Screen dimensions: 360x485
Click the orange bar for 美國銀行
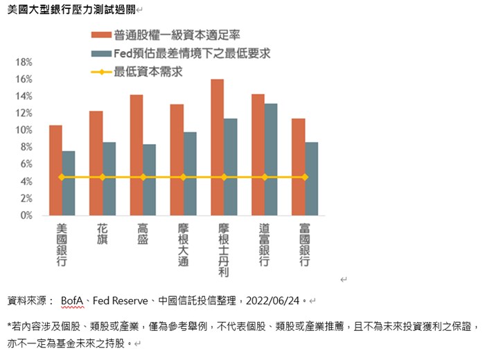coord(55,170)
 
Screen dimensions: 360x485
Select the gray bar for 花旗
coord(109,179)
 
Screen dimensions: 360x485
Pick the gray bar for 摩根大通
coord(190,173)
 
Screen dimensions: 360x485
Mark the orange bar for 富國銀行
coord(298,166)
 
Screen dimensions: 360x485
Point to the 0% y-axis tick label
coord(26,215)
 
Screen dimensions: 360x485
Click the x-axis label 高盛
coord(143,235)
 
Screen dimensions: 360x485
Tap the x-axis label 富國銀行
coord(305,245)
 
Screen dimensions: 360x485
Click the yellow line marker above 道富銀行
coord(265,177)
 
